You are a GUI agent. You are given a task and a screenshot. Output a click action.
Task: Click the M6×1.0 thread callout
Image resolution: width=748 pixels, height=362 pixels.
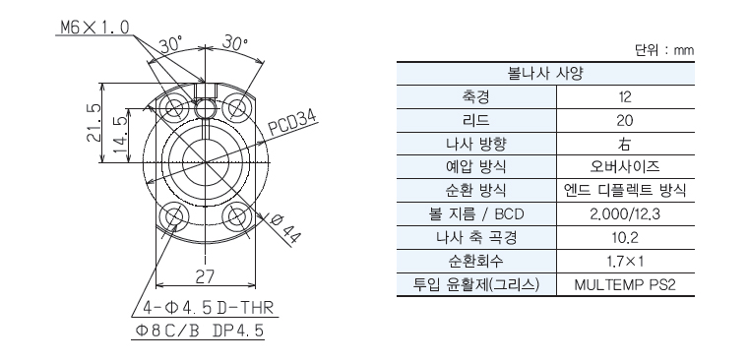[x=94, y=28]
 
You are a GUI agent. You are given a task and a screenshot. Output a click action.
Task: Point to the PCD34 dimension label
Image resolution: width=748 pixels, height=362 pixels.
[x=293, y=125]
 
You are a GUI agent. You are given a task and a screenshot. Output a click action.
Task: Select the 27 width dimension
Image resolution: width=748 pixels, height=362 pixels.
[x=205, y=276]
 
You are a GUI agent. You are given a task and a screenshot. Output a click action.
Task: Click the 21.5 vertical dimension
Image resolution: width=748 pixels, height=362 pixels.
[x=93, y=123]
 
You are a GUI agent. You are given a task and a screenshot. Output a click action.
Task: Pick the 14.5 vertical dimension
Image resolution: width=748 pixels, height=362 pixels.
[x=121, y=135]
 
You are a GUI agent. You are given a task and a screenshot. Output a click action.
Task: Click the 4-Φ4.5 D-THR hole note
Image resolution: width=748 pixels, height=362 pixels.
[x=209, y=308]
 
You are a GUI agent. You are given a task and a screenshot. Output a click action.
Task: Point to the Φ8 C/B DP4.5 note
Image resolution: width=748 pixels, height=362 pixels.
[x=200, y=331]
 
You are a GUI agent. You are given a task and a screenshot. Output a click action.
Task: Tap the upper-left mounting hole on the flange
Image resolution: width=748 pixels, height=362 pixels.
[x=172, y=107]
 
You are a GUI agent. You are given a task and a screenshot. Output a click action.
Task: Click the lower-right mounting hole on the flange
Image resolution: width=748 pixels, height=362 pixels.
[x=238, y=217]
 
